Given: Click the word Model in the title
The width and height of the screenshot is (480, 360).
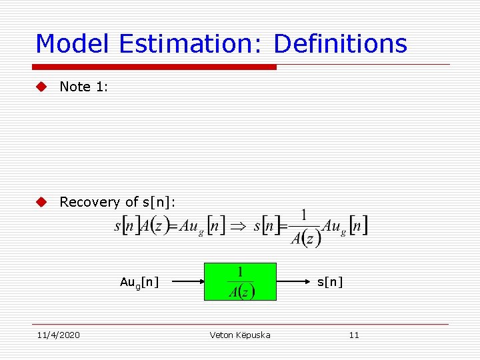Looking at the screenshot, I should (73, 44).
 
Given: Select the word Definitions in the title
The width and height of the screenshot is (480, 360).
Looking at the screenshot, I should (340, 44).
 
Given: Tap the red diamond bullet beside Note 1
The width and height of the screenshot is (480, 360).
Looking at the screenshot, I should (42, 87).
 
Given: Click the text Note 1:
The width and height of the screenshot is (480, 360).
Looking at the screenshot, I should (84, 87).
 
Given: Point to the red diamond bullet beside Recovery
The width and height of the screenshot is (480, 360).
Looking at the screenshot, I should (42, 202).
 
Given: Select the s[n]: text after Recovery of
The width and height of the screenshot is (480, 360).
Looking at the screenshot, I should (159, 202).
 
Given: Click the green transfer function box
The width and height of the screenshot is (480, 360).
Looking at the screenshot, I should (240, 281).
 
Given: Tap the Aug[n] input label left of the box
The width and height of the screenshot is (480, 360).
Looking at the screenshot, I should (139, 282).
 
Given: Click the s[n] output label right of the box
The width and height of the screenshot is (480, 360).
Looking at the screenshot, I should (330, 282).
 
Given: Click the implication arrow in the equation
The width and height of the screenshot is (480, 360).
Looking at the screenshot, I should (237, 226).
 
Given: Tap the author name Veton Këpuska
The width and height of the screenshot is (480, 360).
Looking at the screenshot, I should (240, 335).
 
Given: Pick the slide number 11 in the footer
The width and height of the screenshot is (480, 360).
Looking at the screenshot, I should (354, 335).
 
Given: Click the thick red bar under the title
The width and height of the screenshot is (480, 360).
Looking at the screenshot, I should (154, 67).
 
